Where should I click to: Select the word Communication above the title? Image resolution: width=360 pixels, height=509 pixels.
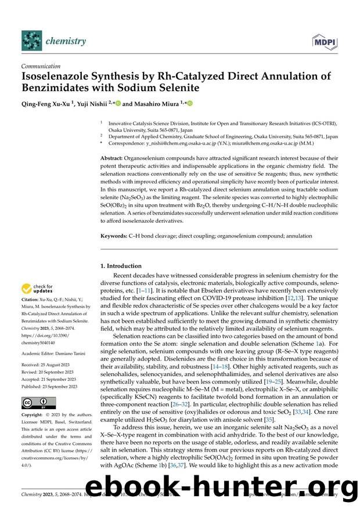pyautogui.click(x=41, y=66)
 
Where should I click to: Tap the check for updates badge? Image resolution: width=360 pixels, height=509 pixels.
pyautogui.click(x=39, y=288)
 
